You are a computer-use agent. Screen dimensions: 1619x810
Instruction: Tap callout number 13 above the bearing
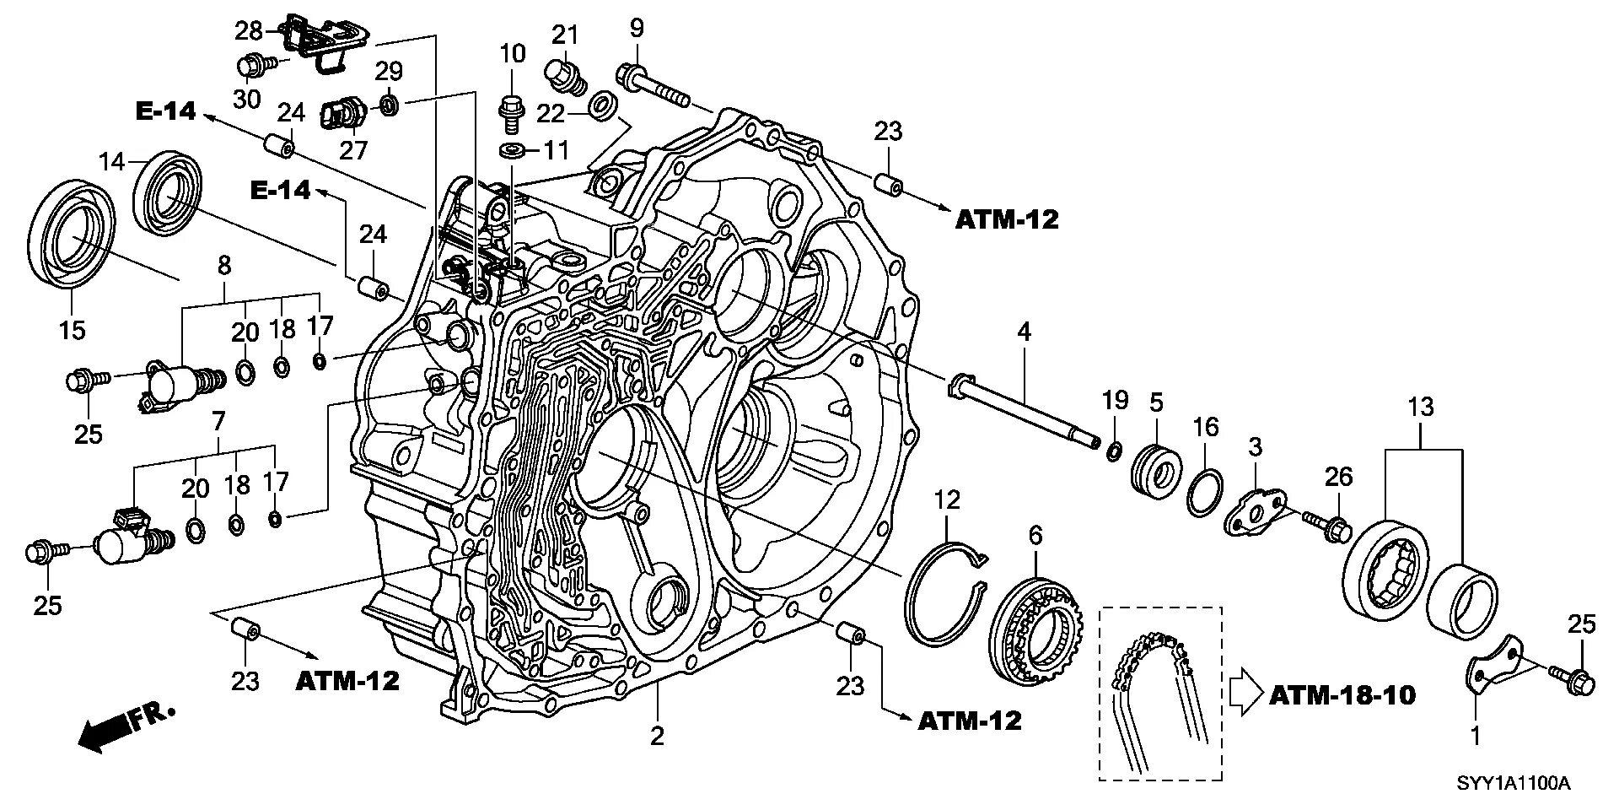1421,408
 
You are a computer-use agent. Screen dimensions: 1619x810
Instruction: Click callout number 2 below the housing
658,736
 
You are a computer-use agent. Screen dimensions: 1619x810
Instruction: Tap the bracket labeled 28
325,41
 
